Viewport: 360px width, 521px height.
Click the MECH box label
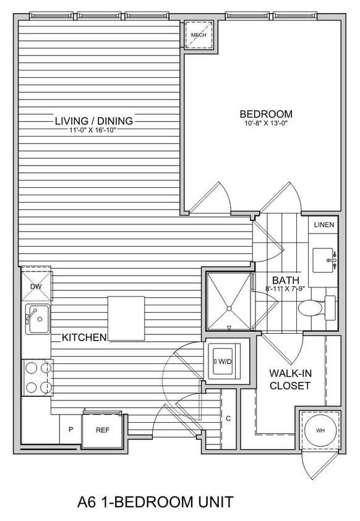199,35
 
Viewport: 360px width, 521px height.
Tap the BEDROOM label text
266,114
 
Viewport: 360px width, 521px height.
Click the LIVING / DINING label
94,121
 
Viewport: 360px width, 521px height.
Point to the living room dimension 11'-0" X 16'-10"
94,130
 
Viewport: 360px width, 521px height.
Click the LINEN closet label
324,224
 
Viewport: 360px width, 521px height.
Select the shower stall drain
228,307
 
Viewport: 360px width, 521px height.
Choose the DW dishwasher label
35,287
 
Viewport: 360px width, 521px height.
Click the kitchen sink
37,318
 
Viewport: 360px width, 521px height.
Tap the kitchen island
126,318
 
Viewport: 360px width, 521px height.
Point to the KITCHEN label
84,337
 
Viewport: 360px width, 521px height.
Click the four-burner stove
36,378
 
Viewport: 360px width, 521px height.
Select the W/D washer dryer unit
223,360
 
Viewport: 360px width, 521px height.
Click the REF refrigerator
102,430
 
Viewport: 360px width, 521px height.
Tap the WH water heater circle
320,430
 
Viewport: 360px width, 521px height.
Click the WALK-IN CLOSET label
289,379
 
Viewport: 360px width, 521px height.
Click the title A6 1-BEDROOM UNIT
155,501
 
